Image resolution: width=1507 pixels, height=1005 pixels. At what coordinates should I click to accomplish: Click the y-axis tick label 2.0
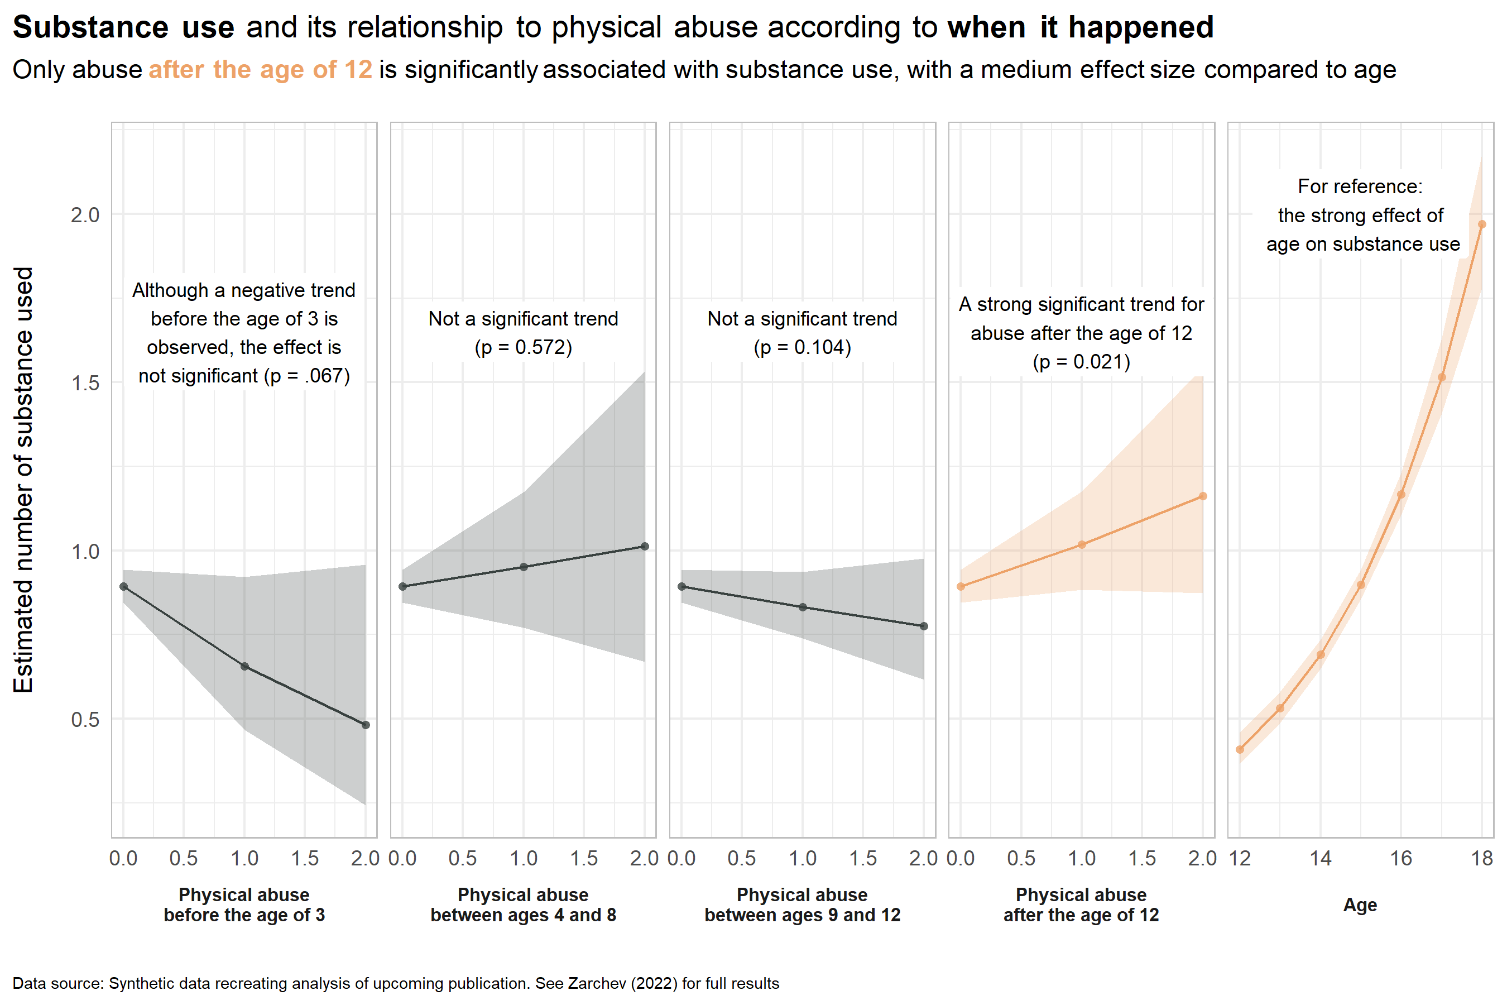(x=85, y=215)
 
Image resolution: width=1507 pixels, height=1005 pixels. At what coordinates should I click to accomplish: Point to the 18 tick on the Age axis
(x=1481, y=858)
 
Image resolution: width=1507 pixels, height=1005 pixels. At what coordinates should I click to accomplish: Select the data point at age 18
(x=1481, y=224)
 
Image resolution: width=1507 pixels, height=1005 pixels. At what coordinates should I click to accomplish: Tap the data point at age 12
(x=1240, y=749)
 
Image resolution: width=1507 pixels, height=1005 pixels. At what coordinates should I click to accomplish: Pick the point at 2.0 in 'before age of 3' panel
(x=365, y=725)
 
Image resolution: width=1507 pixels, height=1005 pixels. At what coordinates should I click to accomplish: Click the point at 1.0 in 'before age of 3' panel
(x=244, y=667)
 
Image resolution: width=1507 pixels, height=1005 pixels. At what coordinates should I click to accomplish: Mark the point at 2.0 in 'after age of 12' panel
(x=1203, y=496)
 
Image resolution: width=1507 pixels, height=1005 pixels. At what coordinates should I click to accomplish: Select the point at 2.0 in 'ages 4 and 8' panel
(x=645, y=546)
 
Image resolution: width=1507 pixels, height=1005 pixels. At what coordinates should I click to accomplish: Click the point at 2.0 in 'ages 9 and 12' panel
(x=923, y=626)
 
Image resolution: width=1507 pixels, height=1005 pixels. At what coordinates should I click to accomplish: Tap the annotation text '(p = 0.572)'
(x=523, y=347)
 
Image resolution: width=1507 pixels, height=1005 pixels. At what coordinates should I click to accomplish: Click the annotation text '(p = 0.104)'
(x=802, y=347)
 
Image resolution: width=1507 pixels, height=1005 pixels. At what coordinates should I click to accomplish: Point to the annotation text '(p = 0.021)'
(x=1081, y=362)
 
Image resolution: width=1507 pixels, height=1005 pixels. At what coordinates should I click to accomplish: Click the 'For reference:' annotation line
(x=1360, y=186)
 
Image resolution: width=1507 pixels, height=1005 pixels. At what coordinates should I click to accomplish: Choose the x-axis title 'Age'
(x=1360, y=905)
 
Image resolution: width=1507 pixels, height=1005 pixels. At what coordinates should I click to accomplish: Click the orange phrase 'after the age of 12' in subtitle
(x=260, y=70)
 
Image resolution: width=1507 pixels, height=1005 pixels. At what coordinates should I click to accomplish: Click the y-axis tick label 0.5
(x=85, y=719)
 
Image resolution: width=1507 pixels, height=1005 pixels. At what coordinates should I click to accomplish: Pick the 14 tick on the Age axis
(x=1320, y=858)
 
